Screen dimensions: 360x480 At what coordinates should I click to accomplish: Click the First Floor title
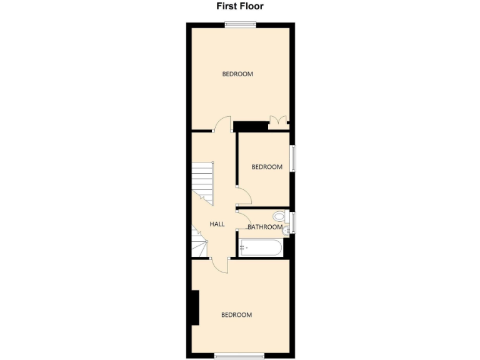(x=240, y=7)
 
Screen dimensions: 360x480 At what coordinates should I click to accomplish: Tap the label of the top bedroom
(x=237, y=74)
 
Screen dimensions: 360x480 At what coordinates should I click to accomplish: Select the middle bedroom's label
(x=267, y=167)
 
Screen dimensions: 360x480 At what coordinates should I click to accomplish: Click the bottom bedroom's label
(x=237, y=315)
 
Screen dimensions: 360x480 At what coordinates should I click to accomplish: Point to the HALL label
(x=217, y=224)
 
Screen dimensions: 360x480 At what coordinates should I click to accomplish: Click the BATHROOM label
(x=266, y=227)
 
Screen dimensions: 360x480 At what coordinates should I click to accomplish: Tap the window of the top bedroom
(x=241, y=25)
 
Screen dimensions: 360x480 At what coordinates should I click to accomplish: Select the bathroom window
(x=292, y=221)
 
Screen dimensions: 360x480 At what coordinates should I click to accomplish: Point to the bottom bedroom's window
(x=239, y=357)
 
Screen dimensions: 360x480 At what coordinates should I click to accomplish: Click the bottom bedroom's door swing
(x=220, y=265)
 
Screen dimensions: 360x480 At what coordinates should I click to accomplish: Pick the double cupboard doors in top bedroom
(x=277, y=121)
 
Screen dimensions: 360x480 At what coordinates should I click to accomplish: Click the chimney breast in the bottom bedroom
(x=195, y=307)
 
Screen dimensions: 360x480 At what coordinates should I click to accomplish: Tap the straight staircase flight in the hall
(x=202, y=181)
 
